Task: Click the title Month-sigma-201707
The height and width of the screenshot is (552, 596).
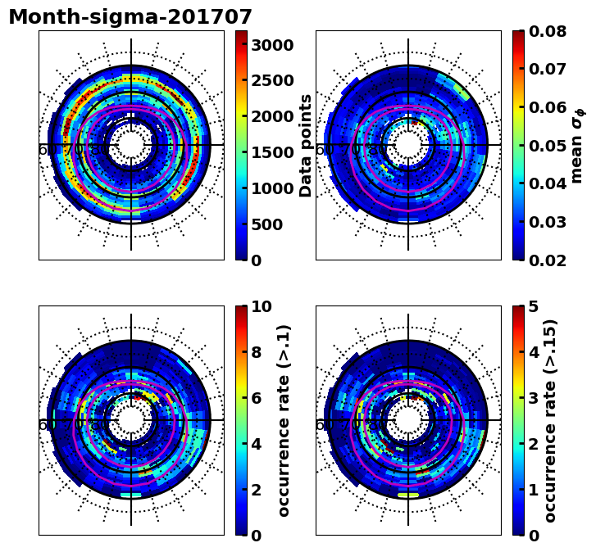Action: (x=130, y=17)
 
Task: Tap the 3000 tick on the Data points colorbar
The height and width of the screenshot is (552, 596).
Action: (x=272, y=44)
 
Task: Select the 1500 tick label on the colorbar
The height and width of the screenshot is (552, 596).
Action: (x=272, y=152)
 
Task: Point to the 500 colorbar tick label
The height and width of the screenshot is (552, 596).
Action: (x=267, y=224)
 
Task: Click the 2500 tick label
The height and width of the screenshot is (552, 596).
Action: (x=272, y=80)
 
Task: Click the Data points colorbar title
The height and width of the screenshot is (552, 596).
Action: (x=306, y=145)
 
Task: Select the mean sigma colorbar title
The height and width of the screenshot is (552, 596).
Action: (x=578, y=145)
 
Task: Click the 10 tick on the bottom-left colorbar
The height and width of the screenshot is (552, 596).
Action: (x=262, y=306)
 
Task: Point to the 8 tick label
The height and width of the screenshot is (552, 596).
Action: (x=257, y=352)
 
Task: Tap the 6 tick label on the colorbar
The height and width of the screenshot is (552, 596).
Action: (x=257, y=398)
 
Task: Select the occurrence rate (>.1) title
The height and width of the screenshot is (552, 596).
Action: (x=284, y=420)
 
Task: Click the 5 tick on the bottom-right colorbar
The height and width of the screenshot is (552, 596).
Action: (x=534, y=306)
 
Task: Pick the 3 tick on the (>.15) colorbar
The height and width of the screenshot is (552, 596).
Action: (x=534, y=398)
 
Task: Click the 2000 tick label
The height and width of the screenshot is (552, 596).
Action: (x=272, y=116)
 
